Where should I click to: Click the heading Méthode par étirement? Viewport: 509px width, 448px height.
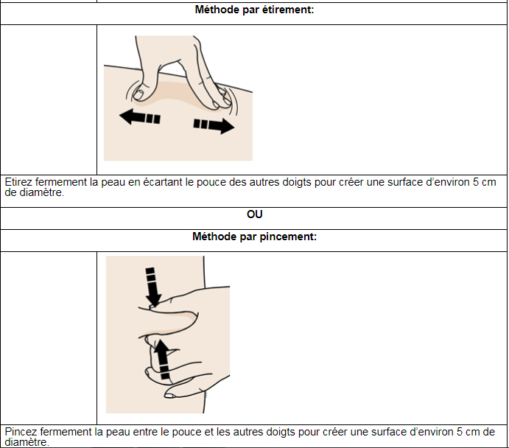tap(254, 10)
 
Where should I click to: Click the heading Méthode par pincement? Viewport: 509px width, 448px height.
tap(254, 237)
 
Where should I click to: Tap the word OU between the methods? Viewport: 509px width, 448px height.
tap(255, 214)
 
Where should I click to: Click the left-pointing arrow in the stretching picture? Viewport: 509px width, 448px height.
tap(140, 117)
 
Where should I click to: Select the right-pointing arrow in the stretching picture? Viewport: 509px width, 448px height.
tap(214, 126)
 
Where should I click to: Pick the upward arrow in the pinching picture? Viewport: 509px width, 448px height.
tap(162, 360)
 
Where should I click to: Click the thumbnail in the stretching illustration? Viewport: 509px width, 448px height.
tap(138, 95)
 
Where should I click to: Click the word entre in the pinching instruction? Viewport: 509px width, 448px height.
tap(145, 432)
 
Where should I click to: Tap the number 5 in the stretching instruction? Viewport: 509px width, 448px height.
tap(476, 182)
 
